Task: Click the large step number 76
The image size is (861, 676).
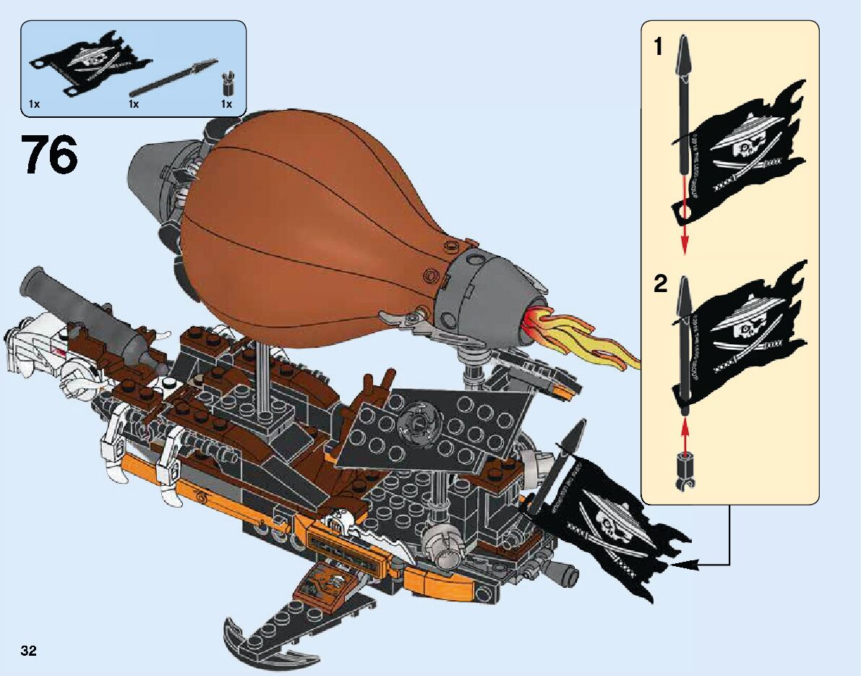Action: [49, 154]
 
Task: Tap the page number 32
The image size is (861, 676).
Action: [29, 651]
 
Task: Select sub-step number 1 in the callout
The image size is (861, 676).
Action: [657, 48]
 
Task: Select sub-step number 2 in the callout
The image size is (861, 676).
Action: [660, 284]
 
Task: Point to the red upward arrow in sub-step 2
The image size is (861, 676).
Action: [684, 430]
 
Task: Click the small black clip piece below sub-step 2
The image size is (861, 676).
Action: [684, 471]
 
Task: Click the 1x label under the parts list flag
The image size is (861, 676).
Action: [34, 105]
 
